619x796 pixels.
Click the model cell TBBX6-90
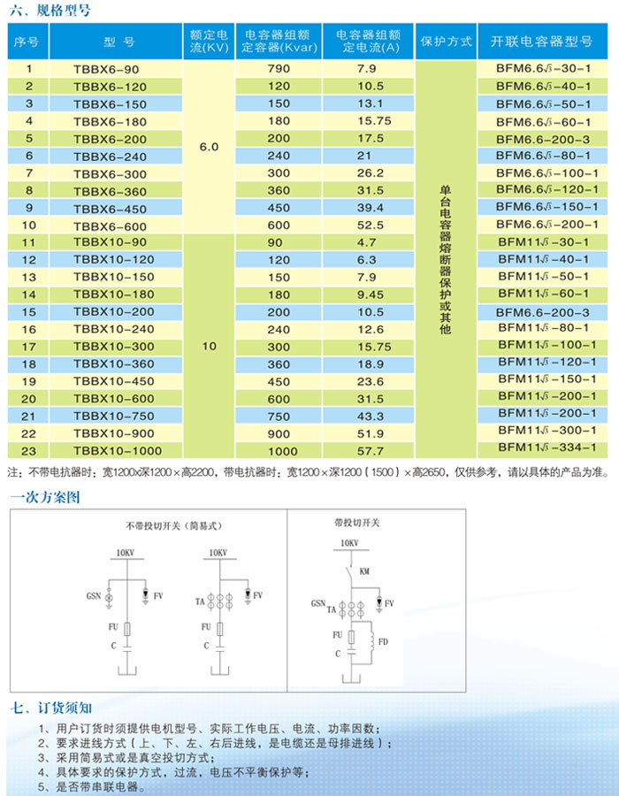(107, 68)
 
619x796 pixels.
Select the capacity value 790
(279, 68)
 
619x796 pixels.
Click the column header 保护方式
(447, 41)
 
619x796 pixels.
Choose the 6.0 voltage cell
(209, 147)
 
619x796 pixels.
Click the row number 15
(28, 312)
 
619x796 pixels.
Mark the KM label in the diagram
(364, 572)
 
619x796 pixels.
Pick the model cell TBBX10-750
(110, 415)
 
